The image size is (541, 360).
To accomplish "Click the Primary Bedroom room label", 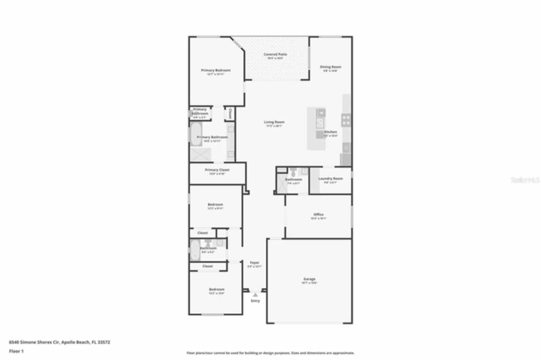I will tap(216, 70).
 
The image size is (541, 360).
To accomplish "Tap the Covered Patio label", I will tap(275, 55).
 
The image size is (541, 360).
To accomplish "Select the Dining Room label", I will tap(330, 67).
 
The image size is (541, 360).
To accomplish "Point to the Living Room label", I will tap(274, 122).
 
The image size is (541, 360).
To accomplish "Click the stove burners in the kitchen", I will tap(346, 120).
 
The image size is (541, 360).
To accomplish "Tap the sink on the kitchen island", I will tap(321, 123).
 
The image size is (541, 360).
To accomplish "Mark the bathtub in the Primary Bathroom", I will tap(194, 134).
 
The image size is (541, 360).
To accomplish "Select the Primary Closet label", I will tap(217, 170).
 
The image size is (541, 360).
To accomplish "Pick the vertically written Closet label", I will tap(230, 114).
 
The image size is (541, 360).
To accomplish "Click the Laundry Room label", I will tap(331, 178).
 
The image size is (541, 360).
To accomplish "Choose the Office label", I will tap(318, 215).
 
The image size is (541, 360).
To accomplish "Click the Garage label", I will tap(309, 279).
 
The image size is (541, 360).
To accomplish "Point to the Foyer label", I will tap(254, 262).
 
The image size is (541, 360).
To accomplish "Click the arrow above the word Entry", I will tap(255, 295).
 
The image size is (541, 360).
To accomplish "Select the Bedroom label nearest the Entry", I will tap(216, 289).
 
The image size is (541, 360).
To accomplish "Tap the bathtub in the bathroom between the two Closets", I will tap(195, 250).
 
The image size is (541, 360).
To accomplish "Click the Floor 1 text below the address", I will tap(16, 351).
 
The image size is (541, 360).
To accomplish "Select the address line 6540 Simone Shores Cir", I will tap(60, 342).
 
